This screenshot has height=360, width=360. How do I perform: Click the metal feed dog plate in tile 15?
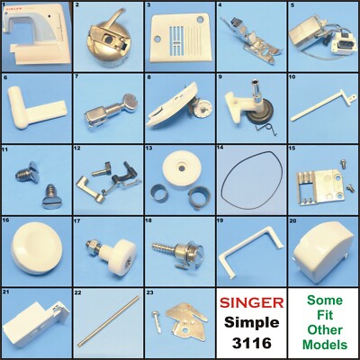315,182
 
